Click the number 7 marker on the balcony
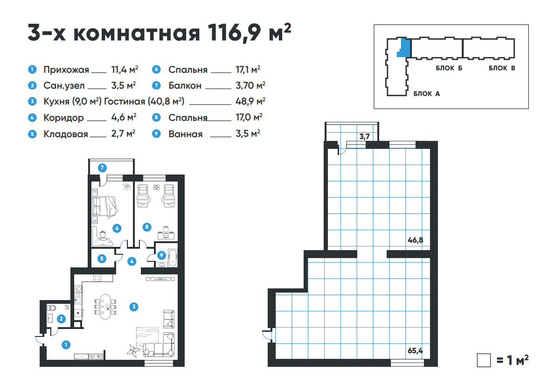click(102, 168)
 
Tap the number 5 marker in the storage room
click(102, 259)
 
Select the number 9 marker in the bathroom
click(161, 255)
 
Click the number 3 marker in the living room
click(134, 307)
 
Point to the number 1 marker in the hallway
click(66, 344)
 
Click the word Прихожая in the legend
click(66, 70)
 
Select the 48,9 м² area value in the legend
click(250, 101)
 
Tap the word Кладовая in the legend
click(65, 134)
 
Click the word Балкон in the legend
click(185, 86)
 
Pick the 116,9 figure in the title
click(234, 33)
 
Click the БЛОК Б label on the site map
click(449, 68)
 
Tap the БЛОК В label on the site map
click(502, 68)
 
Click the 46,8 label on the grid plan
click(415, 240)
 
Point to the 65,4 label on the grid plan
click(415, 350)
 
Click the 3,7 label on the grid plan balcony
click(364, 136)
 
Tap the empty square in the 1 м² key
click(484, 360)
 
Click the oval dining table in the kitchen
click(105, 307)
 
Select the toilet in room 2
click(52, 308)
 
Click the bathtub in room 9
click(173, 258)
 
